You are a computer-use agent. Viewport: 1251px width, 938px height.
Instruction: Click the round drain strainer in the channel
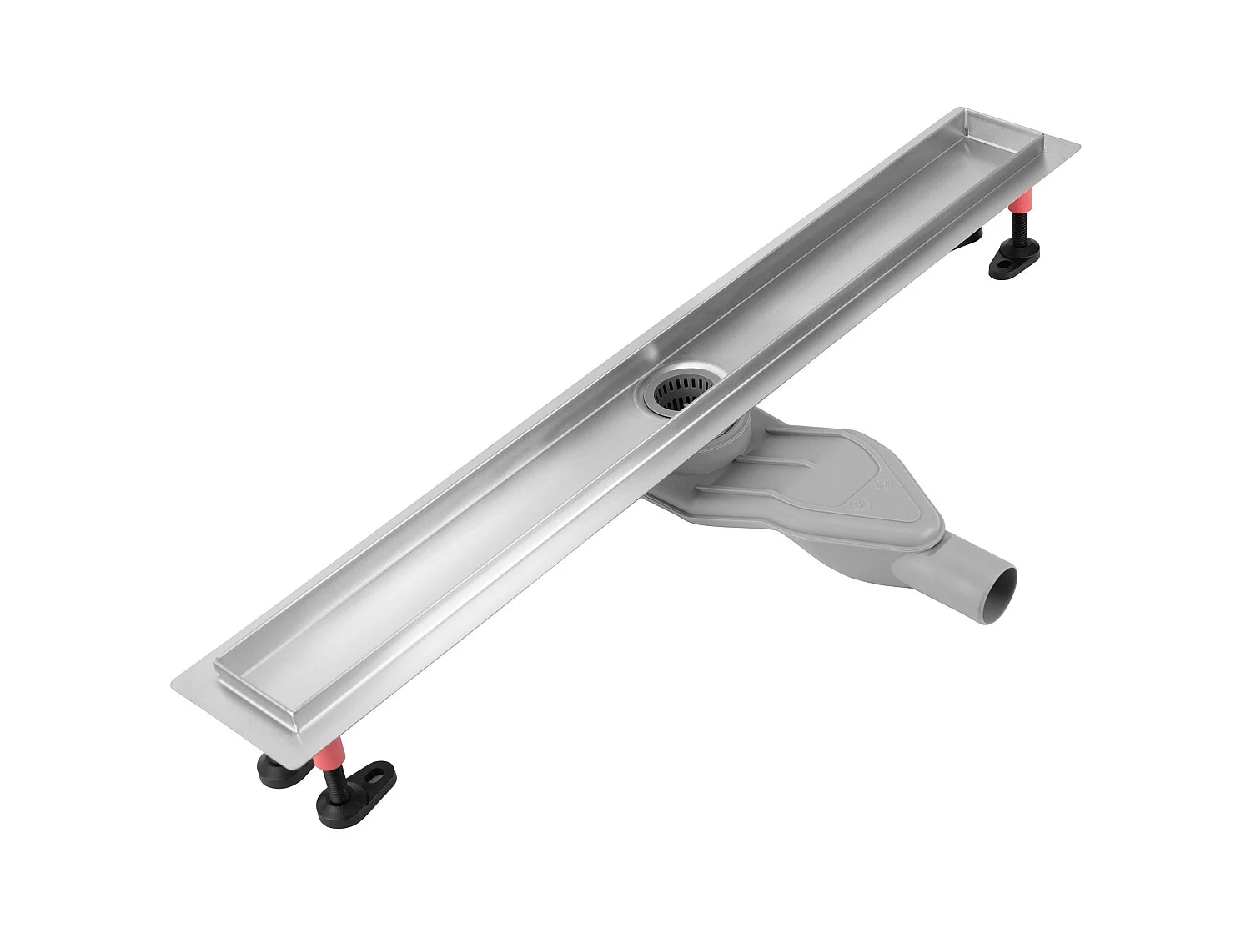coord(677,391)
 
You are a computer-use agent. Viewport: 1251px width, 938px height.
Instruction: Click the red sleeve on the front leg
coord(329,755)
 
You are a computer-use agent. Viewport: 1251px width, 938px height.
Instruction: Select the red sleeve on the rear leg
coord(1021,203)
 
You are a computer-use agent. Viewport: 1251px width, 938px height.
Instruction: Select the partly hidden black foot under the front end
coord(279,771)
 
